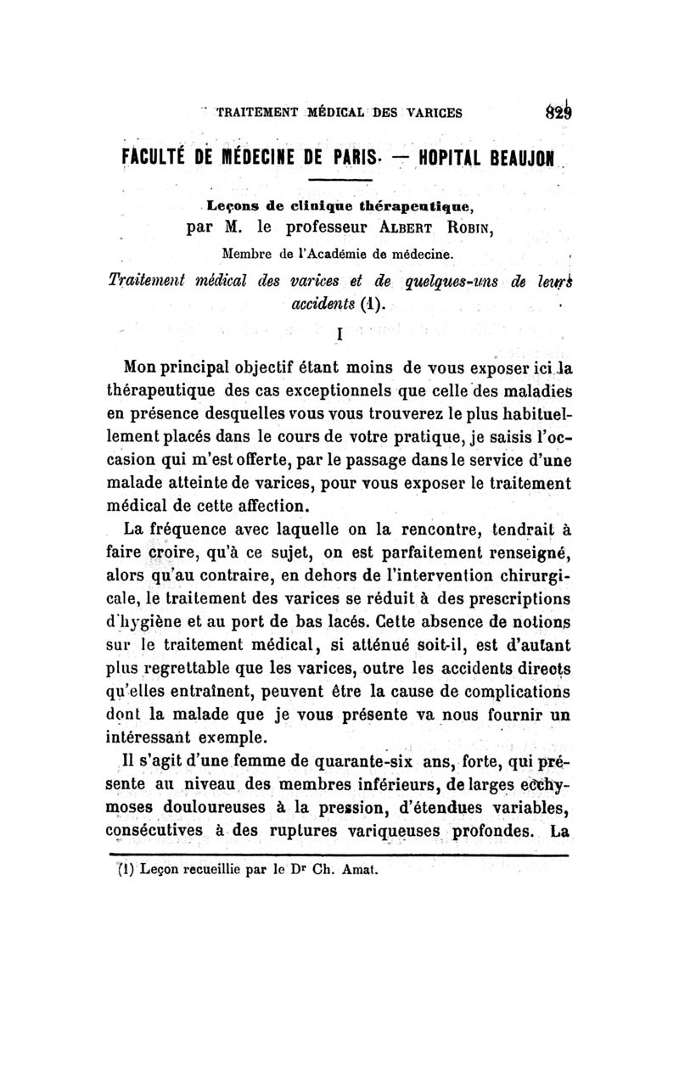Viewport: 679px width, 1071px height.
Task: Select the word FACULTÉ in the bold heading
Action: [x=157, y=161]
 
